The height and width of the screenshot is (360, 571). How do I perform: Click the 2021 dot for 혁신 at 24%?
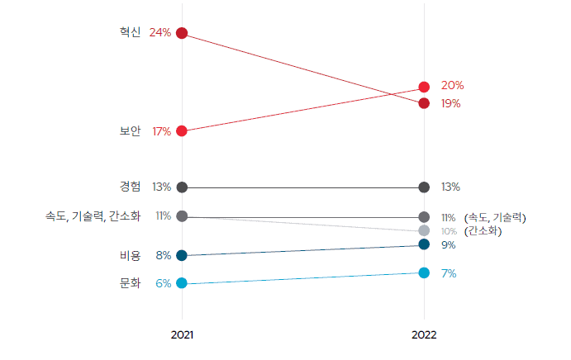point(182,33)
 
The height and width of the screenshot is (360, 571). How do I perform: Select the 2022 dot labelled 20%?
point(424,87)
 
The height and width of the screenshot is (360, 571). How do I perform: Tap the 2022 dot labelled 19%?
point(424,103)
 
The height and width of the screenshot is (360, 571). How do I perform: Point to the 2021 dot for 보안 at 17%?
point(182,131)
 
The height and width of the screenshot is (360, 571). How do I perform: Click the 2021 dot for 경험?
point(182,187)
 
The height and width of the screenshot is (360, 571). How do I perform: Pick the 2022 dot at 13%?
point(424,187)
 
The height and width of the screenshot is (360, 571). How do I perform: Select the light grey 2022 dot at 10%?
point(424,230)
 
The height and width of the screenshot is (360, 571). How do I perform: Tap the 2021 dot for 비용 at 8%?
point(182,256)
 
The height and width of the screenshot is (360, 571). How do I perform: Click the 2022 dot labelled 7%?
point(424,273)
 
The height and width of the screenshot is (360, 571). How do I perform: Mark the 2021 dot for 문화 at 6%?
point(182,283)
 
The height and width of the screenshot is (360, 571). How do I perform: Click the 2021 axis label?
point(182,336)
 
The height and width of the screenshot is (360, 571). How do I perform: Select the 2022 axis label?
point(424,336)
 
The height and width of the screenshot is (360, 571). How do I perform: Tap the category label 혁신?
point(130,32)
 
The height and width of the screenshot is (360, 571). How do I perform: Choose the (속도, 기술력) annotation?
point(495,217)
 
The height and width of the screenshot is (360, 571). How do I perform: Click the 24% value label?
point(160,33)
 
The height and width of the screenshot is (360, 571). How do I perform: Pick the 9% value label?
point(449,245)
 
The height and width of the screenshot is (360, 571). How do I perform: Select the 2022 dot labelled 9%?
point(424,244)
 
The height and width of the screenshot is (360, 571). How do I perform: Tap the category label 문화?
point(131,283)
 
